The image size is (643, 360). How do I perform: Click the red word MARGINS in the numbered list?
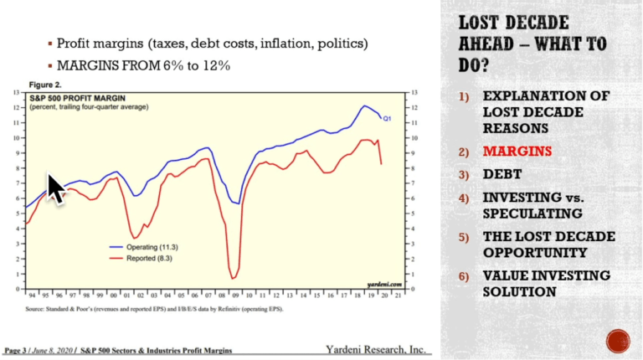tap(517, 152)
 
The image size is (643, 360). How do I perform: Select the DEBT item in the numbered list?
tap(502, 174)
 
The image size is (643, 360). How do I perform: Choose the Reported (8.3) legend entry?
tap(146, 260)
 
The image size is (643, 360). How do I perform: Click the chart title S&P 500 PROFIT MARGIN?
tap(75, 98)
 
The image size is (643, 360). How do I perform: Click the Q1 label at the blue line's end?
tap(387, 119)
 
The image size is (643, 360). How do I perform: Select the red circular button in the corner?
tap(618, 339)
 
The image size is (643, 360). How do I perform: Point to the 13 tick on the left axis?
tap(18, 92)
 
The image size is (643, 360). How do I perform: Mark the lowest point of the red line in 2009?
tap(231, 278)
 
